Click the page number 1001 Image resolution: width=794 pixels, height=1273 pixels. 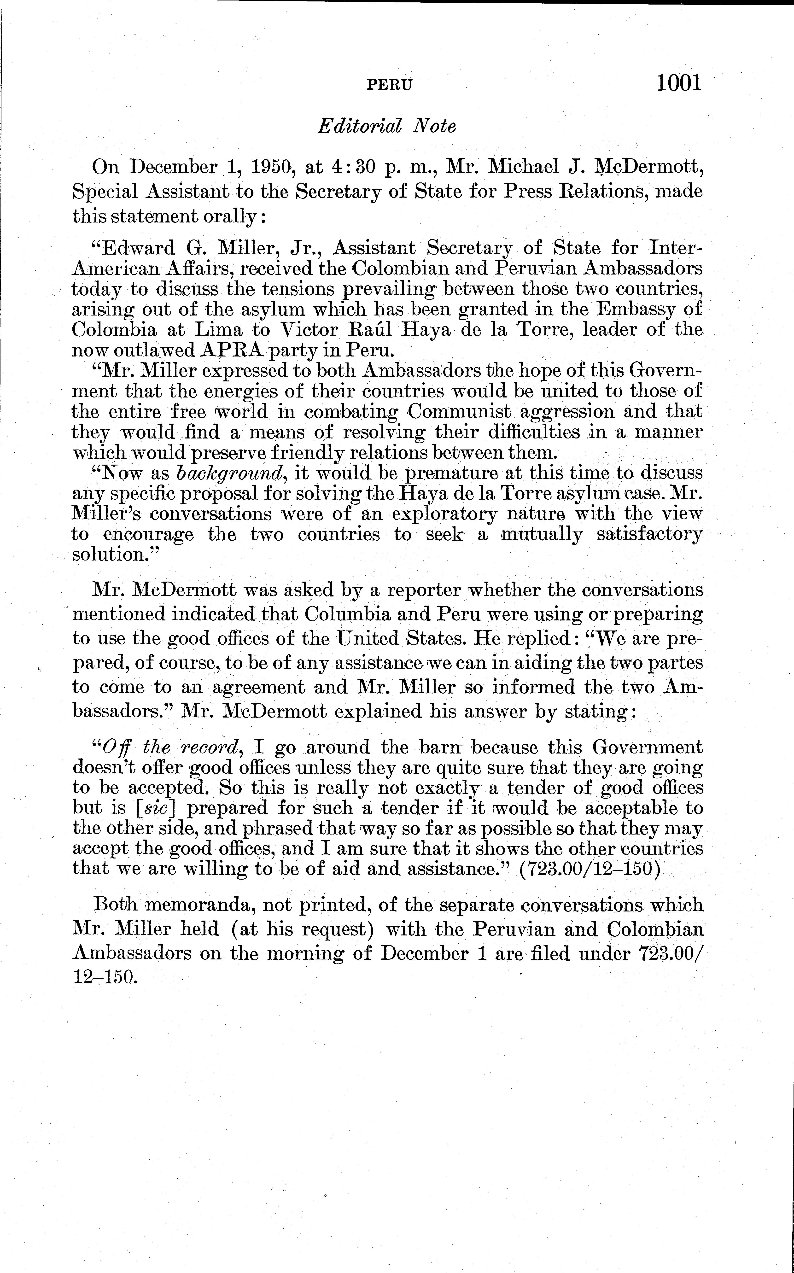tap(678, 83)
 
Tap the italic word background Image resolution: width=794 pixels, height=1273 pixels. tap(231, 473)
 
